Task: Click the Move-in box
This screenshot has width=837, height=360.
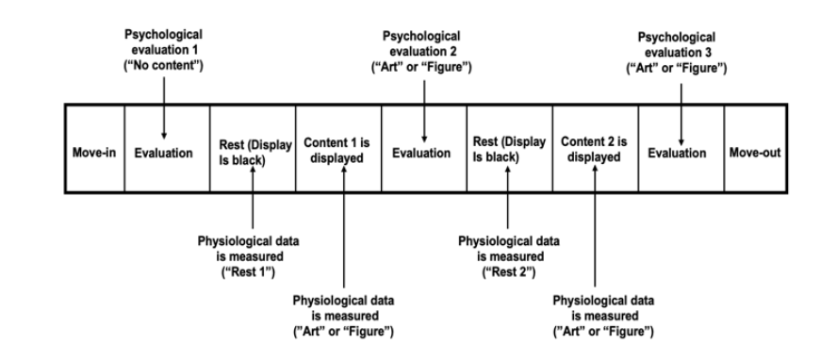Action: pyautogui.click(x=94, y=152)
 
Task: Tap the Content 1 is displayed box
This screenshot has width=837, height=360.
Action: pyautogui.click(x=337, y=152)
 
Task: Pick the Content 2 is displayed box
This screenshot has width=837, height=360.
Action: pyautogui.click(x=595, y=152)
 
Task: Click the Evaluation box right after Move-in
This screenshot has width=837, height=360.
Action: pyautogui.click(x=166, y=152)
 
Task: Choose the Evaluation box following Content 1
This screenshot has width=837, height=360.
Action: pyautogui.click(x=422, y=152)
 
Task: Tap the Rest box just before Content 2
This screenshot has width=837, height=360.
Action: pyautogui.click(x=508, y=152)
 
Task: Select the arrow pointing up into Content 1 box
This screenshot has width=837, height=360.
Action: pyautogui.click(x=343, y=226)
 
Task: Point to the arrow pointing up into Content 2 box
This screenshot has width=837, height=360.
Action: pyautogui.click(x=600, y=226)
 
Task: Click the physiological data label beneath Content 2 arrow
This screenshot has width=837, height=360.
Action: pyautogui.click(x=600, y=316)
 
